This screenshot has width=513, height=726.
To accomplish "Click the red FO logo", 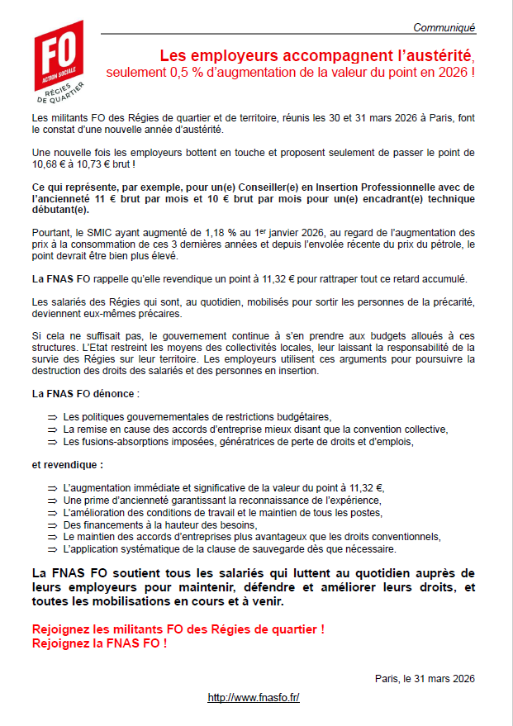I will [58, 58].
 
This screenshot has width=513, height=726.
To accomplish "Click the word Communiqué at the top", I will [444, 27].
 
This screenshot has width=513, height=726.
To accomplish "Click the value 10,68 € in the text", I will [47, 165].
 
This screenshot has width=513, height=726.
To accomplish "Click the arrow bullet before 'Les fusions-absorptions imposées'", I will [52, 442].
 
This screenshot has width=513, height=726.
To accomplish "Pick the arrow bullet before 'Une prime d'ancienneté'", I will [52, 501].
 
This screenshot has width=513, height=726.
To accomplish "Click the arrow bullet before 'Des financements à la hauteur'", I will [52, 524].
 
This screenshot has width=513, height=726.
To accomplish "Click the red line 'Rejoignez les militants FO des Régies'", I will [178, 629].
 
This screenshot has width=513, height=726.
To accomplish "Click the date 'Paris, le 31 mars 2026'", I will [425, 678].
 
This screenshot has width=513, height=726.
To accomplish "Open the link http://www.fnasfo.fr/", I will [254, 698].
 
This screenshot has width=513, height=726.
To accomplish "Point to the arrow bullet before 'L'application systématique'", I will [52, 548].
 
